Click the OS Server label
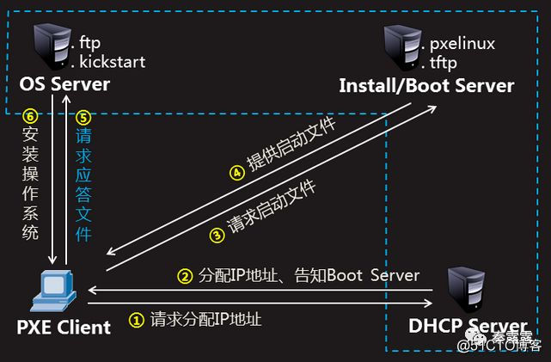(65, 84)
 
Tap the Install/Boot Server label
(426, 86)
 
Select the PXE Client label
(64, 327)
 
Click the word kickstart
(113, 62)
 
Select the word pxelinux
(462, 44)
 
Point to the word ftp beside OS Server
(90, 41)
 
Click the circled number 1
(136, 320)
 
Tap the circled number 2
(184, 276)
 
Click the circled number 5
(83, 117)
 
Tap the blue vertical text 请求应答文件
(83, 184)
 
